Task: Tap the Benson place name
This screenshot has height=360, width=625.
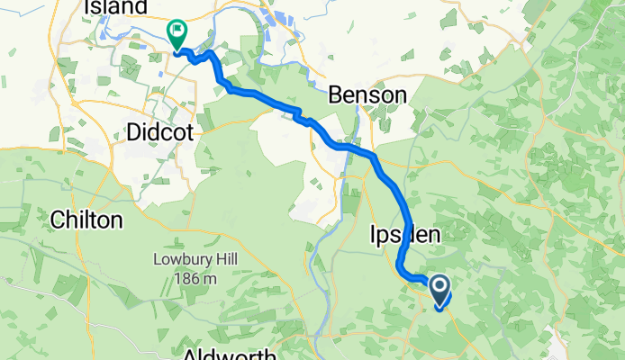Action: pos(367,94)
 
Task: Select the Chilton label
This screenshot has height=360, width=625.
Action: pos(86,219)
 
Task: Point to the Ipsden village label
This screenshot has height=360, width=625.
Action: pos(405,236)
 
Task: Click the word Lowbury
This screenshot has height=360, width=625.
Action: pos(176,264)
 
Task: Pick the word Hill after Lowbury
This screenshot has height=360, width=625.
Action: pos(208,264)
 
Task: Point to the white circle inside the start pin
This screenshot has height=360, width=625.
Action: pos(440,287)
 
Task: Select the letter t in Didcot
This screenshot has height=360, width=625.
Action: pos(189,131)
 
